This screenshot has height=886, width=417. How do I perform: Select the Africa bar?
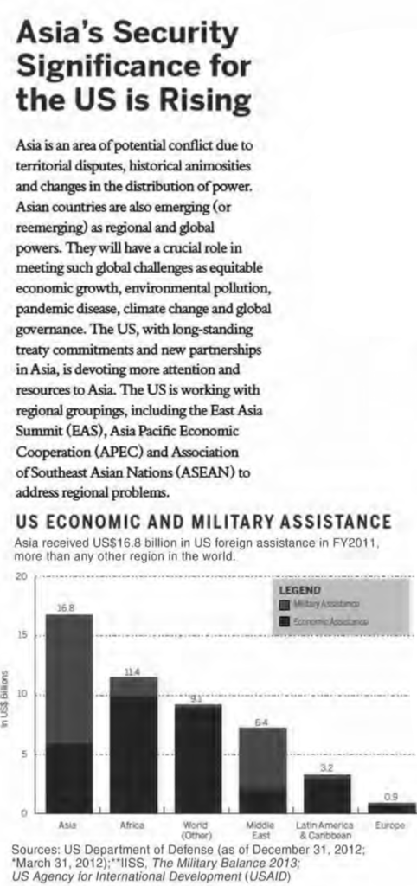(133, 744)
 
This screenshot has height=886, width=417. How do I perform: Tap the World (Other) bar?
(197, 758)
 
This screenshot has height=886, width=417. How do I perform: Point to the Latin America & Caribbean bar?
(326, 793)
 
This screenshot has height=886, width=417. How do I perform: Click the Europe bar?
(391, 807)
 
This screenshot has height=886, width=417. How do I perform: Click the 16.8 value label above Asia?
(66, 608)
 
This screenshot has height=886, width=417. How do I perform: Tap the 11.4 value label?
(132, 671)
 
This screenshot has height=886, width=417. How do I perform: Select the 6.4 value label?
(261, 722)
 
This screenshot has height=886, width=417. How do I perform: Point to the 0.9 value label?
(391, 797)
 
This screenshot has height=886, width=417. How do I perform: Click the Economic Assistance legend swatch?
(285, 621)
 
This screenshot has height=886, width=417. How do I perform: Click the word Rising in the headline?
(196, 101)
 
